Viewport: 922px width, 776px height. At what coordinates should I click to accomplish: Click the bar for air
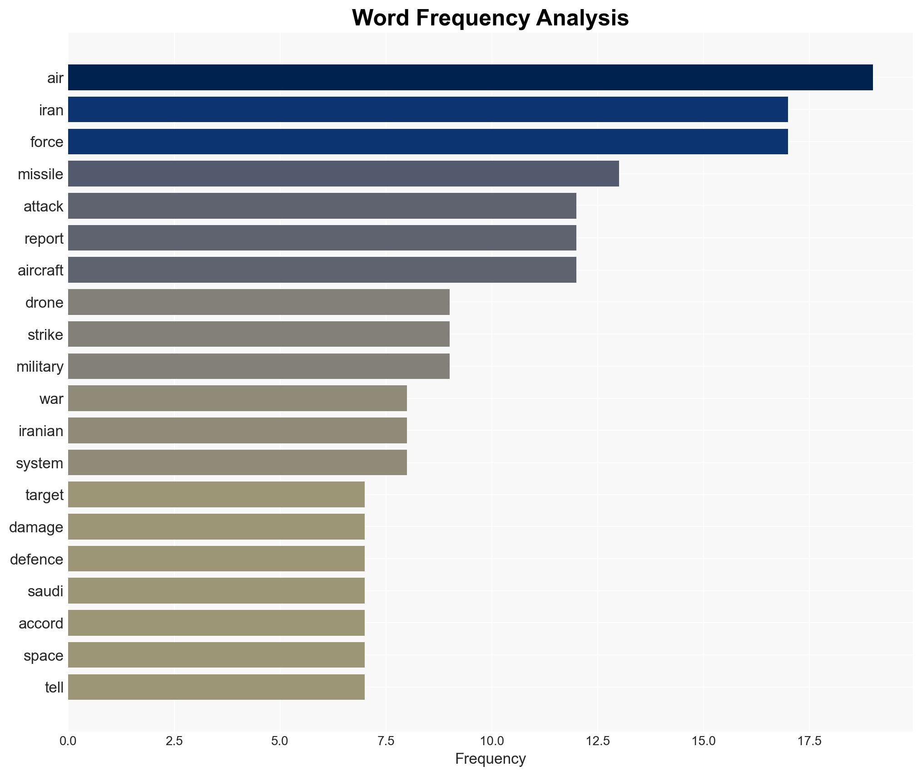click(x=470, y=78)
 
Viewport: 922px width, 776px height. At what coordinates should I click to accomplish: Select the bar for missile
click(x=343, y=174)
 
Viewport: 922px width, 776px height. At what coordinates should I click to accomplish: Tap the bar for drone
click(x=259, y=302)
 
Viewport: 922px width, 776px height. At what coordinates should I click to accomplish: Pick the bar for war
click(x=238, y=398)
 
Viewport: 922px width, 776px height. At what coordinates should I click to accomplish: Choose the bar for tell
click(x=216, y=687)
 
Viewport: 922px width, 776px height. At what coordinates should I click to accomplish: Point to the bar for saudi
click(x=216, y=591)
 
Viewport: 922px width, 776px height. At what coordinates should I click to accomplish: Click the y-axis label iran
click(x=51, y=110)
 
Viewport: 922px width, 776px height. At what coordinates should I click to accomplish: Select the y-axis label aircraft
click(x=40, y=270)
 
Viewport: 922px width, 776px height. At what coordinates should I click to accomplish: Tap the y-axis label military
click(x=40, y=367)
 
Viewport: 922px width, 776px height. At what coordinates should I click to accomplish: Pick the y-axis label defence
click(x=37, y=560)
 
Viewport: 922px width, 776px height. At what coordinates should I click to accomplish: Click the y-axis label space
click(x=44, y=656)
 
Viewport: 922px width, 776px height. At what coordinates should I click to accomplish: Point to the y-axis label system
click(x=40, y=463)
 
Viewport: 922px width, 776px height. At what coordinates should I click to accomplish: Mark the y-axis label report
click(x=44, y=239)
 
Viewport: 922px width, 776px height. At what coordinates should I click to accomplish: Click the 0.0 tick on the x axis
click(x=68, y=741)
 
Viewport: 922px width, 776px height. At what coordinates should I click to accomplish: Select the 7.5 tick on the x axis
click(x=386, y=741)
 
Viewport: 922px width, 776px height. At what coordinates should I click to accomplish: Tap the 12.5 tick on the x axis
click(x=598, y=741)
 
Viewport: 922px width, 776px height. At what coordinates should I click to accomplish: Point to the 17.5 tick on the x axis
click(x=809, y=741)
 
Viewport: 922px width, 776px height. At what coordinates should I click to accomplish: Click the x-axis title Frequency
click(x=490, y=759)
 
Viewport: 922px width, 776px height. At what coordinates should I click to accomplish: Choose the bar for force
click(x=428, y=142)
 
